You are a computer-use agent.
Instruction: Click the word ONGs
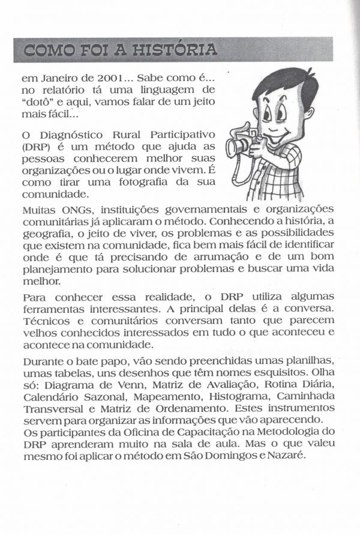coord(74,209)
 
